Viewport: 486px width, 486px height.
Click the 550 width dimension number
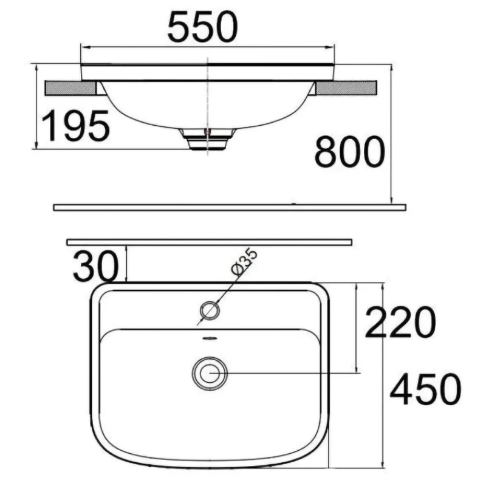[x=202, y=27]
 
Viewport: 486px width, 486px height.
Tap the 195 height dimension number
[x=75, y=126]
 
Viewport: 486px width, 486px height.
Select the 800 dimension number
[x=349, y=151]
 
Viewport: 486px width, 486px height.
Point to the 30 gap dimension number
[x=96, y=266]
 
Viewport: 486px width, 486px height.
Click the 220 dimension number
[x=400, y=322]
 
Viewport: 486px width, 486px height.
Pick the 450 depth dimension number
[x=425, y=389]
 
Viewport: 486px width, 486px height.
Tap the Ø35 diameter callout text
[x=245, y=261]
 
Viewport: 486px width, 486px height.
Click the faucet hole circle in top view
[x=210, y=310]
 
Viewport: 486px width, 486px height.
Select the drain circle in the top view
[x=210, y=373]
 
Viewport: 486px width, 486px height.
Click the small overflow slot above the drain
[x=210, y=338]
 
